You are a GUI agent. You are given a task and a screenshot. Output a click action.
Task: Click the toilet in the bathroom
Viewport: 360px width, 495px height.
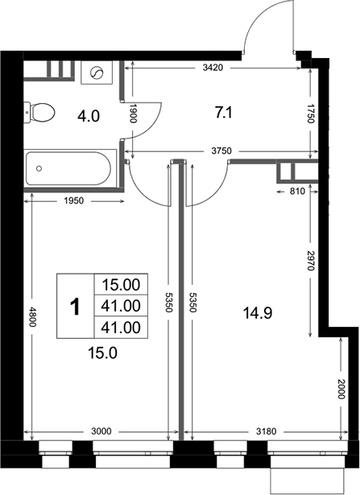pos(39,113)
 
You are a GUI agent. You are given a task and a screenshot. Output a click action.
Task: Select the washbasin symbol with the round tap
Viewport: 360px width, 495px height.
pos(97,72)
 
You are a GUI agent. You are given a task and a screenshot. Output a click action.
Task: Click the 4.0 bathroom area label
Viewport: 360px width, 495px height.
pos(89,116)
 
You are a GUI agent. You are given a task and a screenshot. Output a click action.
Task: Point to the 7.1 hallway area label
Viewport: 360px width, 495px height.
pos(224,113)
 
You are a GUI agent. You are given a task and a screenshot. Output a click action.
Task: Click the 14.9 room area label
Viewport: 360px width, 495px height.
pos(258,313)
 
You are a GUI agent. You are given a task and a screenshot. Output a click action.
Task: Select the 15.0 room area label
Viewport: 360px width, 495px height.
pos(102,353)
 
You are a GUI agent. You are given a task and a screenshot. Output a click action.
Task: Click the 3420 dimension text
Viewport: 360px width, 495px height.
pos(213,68)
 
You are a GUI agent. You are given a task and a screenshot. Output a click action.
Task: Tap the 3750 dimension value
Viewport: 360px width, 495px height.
pos(221,151)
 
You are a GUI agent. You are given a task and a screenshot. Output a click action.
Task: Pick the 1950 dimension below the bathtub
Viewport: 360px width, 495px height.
pos(74,200)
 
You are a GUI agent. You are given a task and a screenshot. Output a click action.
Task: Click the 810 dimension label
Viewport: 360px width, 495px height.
pos(297,191)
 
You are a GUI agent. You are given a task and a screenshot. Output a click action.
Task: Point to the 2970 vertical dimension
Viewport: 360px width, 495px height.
pos(311,261)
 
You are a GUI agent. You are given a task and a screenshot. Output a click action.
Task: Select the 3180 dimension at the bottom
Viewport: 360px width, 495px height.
pos(266,431)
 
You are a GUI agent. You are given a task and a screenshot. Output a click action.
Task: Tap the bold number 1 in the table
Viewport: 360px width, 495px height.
pos(75,307)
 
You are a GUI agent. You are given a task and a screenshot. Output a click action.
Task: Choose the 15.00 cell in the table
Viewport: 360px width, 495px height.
pos(121,285)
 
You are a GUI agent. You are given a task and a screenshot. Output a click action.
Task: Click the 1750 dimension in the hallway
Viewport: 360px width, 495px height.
pos(311,113)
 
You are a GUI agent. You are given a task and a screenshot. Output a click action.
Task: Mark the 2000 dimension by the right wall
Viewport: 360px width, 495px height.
pos(341,389)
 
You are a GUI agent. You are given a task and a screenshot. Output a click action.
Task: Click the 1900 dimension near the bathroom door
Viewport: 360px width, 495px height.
pos(133,113)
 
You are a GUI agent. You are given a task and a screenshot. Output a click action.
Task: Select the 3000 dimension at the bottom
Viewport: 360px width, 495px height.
pos(101,431)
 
